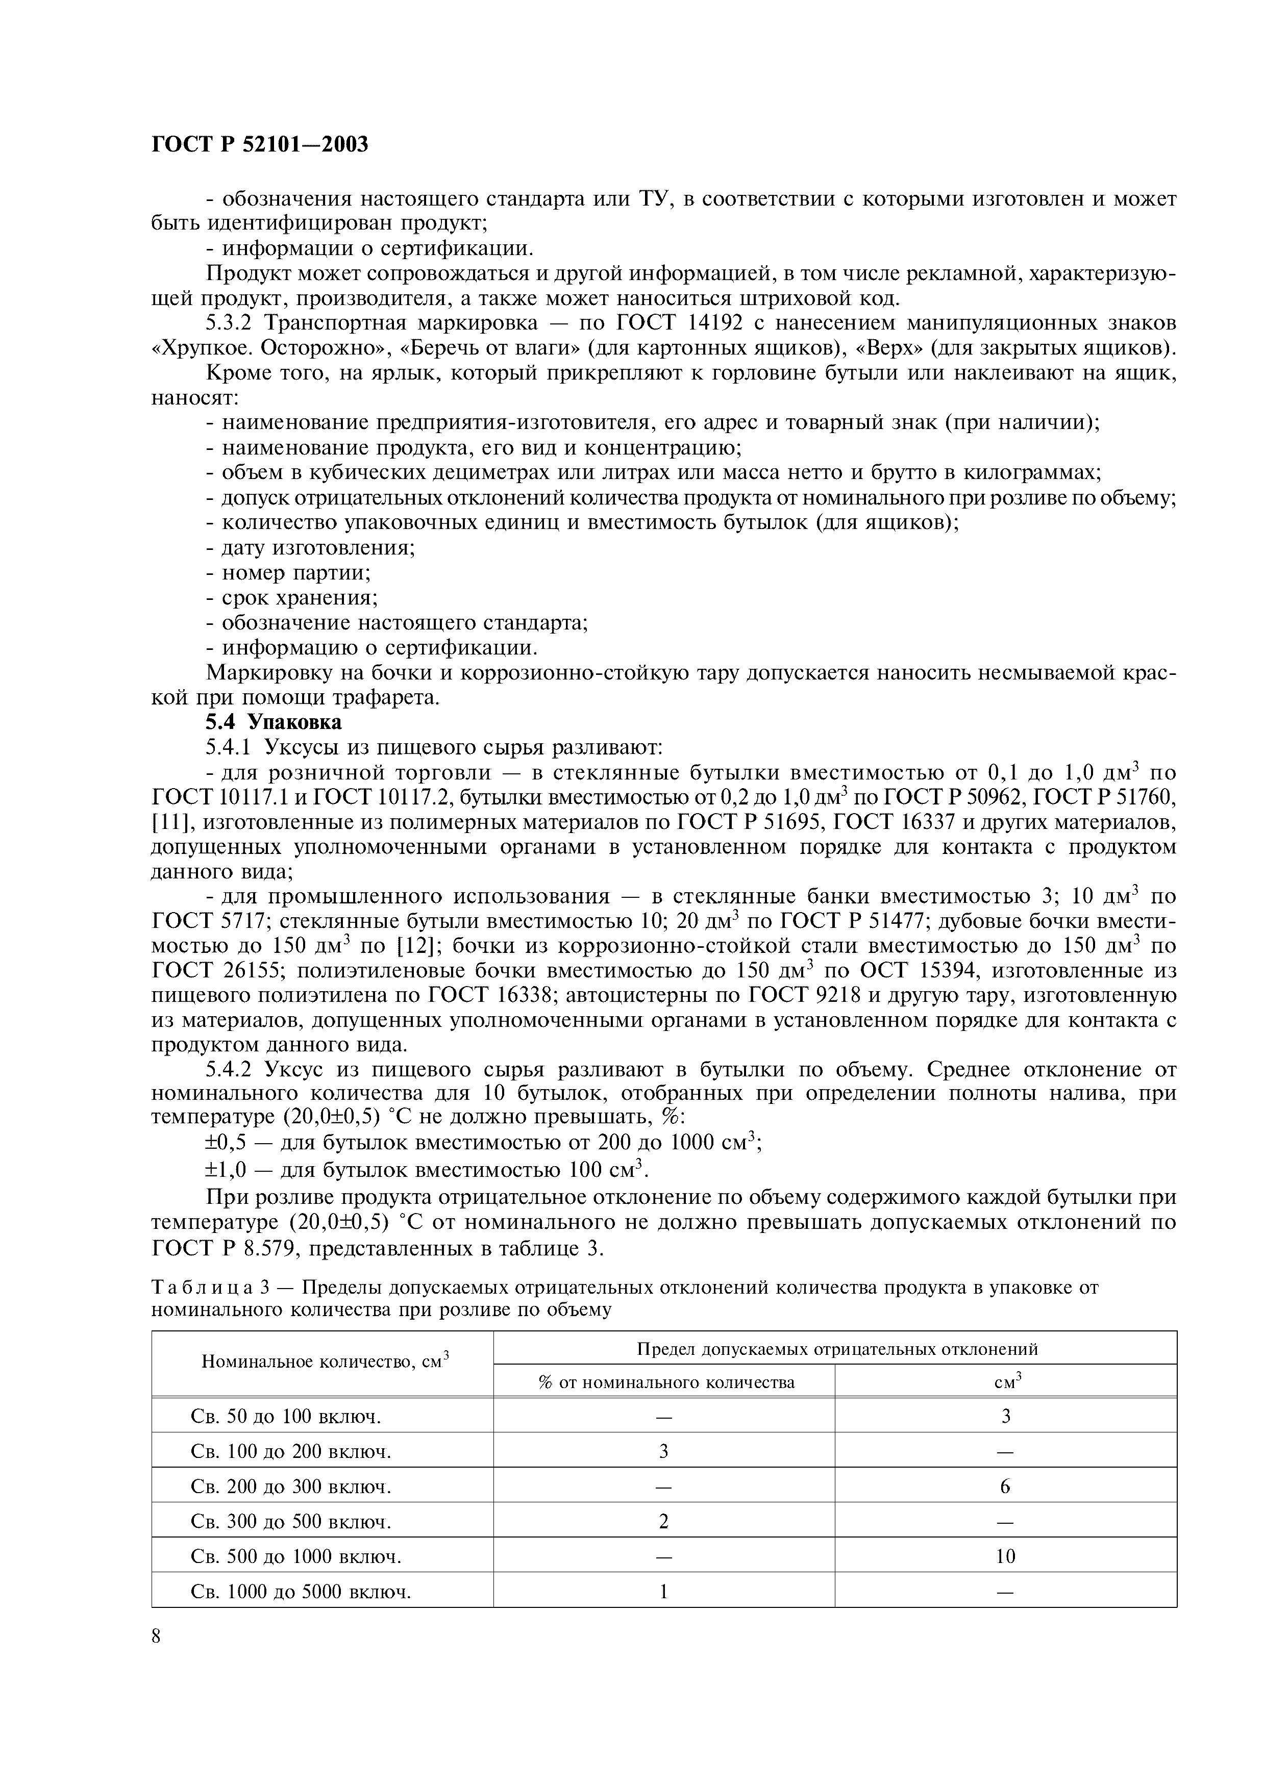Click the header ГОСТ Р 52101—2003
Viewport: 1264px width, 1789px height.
click(x=260, y=145)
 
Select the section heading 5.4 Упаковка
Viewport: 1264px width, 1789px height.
click(x=274, y=722)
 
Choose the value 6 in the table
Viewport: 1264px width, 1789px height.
click(x=1005, y=1486)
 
